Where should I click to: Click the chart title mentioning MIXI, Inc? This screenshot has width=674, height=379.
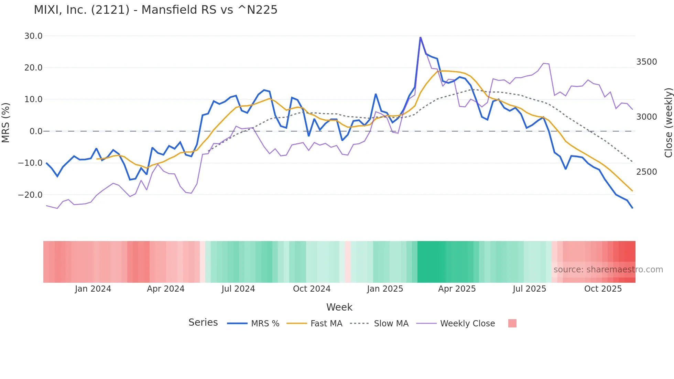pos(155,10)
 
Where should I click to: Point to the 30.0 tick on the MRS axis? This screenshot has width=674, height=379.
pos(33,36)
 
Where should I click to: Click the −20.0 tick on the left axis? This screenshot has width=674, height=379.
pos(30,195)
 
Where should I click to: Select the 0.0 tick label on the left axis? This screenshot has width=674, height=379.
pos(36,131)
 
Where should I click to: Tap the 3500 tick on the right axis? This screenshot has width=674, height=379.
pos(646,62)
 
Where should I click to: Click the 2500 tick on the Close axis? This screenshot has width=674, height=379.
pos(646,172)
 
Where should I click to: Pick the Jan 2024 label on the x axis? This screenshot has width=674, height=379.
pos(93,289)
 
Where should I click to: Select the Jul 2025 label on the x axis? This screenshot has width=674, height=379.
pos(529,289)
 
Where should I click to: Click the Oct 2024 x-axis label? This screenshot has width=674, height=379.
pos(312,289)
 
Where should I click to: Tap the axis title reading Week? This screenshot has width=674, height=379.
pos(339,307)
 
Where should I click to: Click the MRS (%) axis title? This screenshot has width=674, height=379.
pos(6,122)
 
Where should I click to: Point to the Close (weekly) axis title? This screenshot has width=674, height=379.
pos(668,123)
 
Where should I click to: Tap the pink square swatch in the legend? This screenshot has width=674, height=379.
pos(512,323)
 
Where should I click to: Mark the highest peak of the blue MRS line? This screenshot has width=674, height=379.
pos(420,37)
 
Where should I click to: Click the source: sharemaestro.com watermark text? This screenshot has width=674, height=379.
pos(608,270)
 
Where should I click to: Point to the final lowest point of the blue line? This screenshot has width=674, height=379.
pos(632,208)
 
